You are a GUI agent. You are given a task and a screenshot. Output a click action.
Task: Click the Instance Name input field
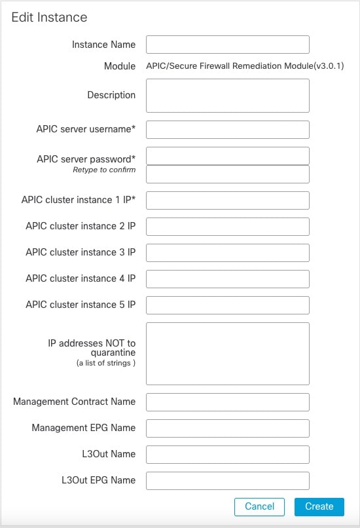[x=227, y=45]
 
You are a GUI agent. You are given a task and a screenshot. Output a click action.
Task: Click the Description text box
[x=227, y=96]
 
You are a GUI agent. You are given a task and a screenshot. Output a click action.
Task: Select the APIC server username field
[x=227, y=130]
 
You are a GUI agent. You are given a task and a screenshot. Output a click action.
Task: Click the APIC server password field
[x=227, y=156]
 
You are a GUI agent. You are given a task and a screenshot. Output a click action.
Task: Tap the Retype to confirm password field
[x=227, y=174]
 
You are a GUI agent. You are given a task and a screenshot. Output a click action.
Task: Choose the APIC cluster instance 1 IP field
[x=227, y=200]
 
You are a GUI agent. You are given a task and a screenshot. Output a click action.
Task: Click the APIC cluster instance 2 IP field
[x=227, y=227]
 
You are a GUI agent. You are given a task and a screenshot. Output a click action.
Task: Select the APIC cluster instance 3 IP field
[x=227, y=253]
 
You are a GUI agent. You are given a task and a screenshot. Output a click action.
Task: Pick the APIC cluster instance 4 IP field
[x=227, y=279]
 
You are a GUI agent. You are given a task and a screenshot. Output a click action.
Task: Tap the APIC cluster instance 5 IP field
[x=227, y=305]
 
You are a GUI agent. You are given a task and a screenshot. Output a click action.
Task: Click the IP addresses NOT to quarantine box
[x=227, y=353]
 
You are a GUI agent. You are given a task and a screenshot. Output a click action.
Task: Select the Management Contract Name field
[x=227, y=402]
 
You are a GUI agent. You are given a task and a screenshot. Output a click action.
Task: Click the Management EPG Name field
[x=227, y=428]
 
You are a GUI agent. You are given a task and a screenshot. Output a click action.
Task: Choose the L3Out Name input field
[x=227, y=455]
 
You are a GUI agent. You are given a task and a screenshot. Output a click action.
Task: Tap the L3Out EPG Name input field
[x=227, y=481]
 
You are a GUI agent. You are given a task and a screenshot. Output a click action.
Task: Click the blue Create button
[x=319, y=506]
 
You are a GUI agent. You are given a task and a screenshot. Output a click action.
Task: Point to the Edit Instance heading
[x=49, y=18]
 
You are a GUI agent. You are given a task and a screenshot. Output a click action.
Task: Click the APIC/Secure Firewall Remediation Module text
[x=245, y=66]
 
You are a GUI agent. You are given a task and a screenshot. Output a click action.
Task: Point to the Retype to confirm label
[x=104, y=170]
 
